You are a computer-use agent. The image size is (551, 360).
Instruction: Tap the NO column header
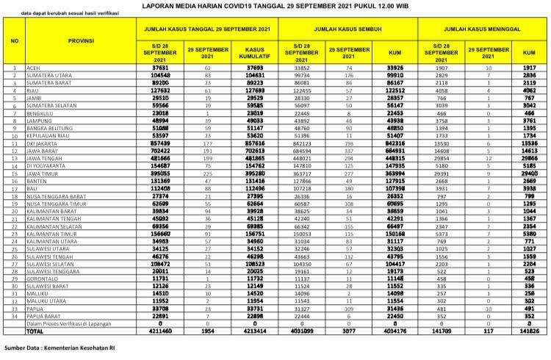point(15,40)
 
